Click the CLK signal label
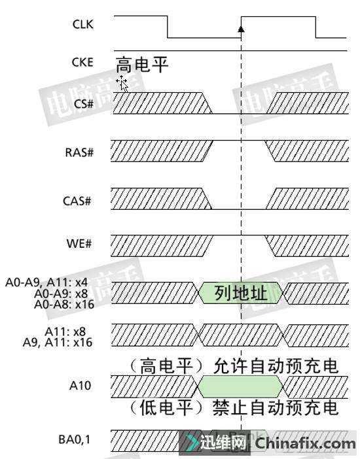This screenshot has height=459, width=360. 83,24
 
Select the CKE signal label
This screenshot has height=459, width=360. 82,62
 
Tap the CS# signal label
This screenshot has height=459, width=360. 84,104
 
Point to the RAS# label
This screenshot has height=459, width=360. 79,152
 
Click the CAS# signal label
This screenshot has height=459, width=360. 77,201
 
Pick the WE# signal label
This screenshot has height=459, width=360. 79,243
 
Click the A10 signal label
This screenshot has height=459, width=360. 80,386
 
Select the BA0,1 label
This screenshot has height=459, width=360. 75,439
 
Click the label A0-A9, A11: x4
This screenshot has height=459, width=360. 46,282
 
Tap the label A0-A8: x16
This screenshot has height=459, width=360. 64,305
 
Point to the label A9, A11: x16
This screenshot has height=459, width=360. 58,342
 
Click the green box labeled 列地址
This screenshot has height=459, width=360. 241,293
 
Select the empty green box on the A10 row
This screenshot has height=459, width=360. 241,386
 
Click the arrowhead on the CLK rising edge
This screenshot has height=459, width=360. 241,29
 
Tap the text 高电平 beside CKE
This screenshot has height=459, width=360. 142,65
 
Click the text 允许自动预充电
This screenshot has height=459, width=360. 276,366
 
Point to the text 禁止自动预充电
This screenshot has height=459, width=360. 276,407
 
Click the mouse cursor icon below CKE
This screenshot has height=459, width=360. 122,84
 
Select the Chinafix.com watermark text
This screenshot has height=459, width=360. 305,443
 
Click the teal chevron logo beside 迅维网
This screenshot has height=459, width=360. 191,443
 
